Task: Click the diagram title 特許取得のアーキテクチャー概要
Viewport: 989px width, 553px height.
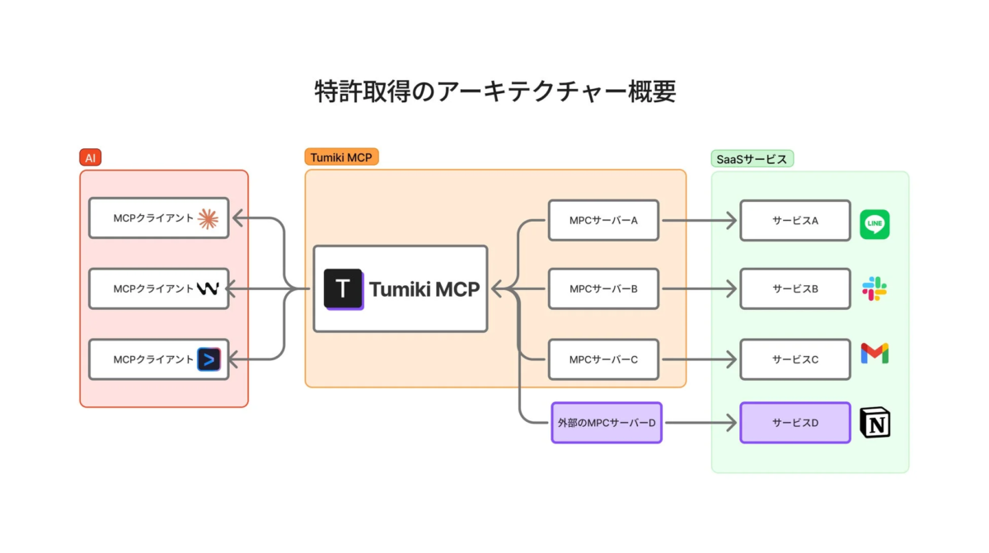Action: coord(494,91)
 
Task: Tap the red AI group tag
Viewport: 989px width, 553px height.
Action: coord(90,157)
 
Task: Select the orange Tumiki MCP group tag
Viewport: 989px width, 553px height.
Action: coord(341,157)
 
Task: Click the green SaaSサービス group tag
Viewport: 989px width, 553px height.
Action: coord(752,159)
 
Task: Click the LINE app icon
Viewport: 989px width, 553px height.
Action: coord(874,224)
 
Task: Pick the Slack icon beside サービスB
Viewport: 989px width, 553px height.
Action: coord(874,289)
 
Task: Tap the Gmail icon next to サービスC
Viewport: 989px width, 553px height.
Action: coord(874,354)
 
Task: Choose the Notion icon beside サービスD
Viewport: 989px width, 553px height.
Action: coord(874,423)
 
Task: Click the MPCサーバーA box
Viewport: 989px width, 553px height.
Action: coord(603,220)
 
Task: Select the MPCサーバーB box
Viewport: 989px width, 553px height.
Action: coord(603,289)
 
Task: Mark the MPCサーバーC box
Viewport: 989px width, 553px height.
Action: coord(603,359)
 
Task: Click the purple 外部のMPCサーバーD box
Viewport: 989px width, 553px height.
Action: coord(606,423)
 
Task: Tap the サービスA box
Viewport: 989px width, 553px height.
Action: coord(794,220)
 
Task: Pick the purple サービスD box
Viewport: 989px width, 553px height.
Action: coord(794,423)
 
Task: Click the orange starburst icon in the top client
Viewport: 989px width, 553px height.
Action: coord(208,218)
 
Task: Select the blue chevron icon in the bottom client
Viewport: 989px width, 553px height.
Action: coord(209,359)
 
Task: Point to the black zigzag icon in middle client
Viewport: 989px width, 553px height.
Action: coord(207,288)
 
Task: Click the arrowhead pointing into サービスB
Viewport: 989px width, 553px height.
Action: coord(730,289)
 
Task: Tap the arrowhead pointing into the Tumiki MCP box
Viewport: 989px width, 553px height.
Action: coord(497,289)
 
